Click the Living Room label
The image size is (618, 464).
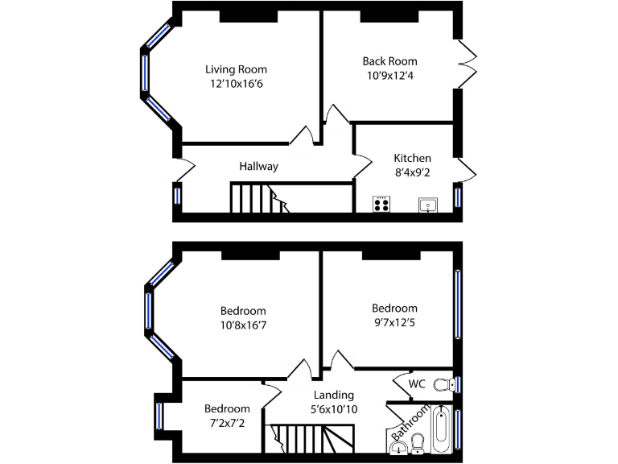[236, 69]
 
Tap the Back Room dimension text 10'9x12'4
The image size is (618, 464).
[389, 76]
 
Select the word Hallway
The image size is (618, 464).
[258, 167]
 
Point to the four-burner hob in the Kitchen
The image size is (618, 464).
[381, 204]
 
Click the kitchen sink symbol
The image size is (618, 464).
[427, 205]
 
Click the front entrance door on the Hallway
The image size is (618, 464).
[183, 169]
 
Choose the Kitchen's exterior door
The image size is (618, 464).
[468, 169]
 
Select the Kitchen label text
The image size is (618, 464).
[412, 158]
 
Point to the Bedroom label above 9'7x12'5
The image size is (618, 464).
[394, 308]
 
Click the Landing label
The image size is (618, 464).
[333, 395]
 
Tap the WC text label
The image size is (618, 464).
[417, 383]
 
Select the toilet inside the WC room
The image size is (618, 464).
[443, 385]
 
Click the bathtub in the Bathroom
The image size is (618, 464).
[440, 430]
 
